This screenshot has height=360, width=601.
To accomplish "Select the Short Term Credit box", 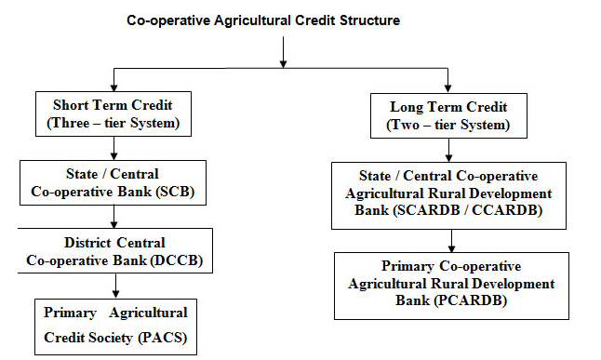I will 113,113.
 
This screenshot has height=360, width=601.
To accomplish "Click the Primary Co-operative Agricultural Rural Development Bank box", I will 451,283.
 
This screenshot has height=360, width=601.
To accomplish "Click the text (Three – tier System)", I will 113,122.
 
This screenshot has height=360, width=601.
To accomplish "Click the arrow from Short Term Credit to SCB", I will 113,147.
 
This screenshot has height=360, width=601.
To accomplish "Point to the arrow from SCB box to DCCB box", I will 113,216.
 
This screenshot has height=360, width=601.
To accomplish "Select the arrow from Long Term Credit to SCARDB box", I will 448,149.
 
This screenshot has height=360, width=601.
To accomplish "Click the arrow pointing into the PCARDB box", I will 451,241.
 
